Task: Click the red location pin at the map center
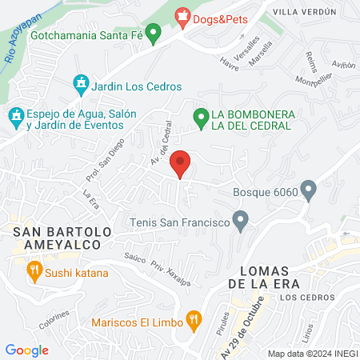tap(181, 164)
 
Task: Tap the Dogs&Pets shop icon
tap(182, 14)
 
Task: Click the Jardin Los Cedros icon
tap(80, 82)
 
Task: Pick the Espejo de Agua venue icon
tap(15, 117)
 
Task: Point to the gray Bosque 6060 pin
tap(309, 191)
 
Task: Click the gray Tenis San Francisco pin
tap(239, 220)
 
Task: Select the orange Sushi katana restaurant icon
tap(34, 272)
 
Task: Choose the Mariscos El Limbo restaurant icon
tap(193, 320)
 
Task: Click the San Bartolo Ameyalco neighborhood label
tap(55, 238)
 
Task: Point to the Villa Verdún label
tap(302, 12)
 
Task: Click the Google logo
tap(27, 350)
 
